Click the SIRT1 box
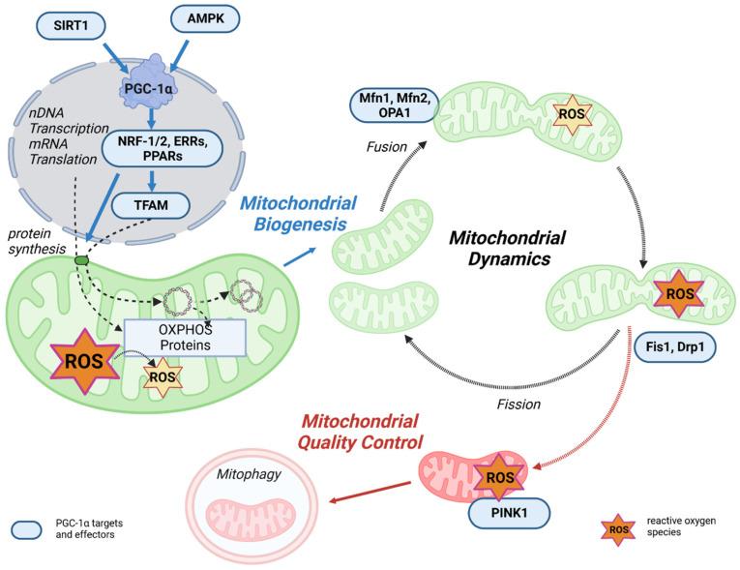[x=71, y=25]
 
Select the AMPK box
[x=205, y=19]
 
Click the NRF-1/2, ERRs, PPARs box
[x=163, y=149]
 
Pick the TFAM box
[x=151, y=205]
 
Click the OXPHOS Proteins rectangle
[x=185, y=337]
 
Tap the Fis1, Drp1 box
[x=675, y=346]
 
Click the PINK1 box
[x=509, y=513]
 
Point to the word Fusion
[x=387, y=147]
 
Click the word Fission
[x=518, y=405]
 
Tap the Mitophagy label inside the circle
[x=249, y=474]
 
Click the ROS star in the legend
[x=618, y=530]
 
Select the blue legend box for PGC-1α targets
[x=26, y=530]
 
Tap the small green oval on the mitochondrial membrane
[x=81, y=259]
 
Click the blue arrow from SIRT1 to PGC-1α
[x=119, y=59]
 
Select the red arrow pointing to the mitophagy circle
[x=370, y=492]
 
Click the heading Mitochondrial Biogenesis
[x=299, y=214]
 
